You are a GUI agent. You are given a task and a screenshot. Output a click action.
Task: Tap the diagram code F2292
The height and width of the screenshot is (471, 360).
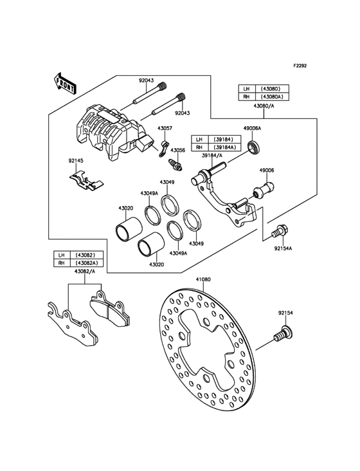click(300, 66)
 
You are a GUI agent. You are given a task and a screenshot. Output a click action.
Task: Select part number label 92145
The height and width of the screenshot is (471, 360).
click(76, 161)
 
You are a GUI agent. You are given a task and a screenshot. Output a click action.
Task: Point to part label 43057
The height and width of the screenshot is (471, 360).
click(165, 128)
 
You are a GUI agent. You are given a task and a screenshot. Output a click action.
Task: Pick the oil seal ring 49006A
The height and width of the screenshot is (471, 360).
click(255, 147)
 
